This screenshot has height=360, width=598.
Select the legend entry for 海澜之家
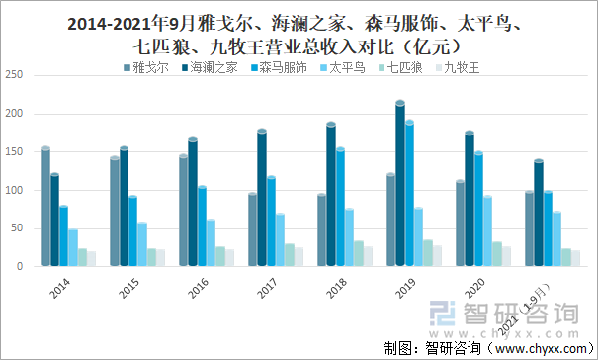(213, 68)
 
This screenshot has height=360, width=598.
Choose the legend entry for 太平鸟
(347, 68)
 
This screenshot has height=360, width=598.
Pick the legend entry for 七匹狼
(404, 68)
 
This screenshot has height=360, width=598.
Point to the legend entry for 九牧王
(462, 68)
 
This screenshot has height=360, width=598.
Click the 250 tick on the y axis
(13, 75)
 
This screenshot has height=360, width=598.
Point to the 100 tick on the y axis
(13, 190)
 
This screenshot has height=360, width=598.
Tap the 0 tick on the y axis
(19, 266)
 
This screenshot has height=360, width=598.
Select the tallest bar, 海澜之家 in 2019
(399, 184)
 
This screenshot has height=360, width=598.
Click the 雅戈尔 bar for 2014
(45, 208)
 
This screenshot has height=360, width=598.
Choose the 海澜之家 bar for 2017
(261, 198)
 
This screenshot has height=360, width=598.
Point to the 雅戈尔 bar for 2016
(183, 211)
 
